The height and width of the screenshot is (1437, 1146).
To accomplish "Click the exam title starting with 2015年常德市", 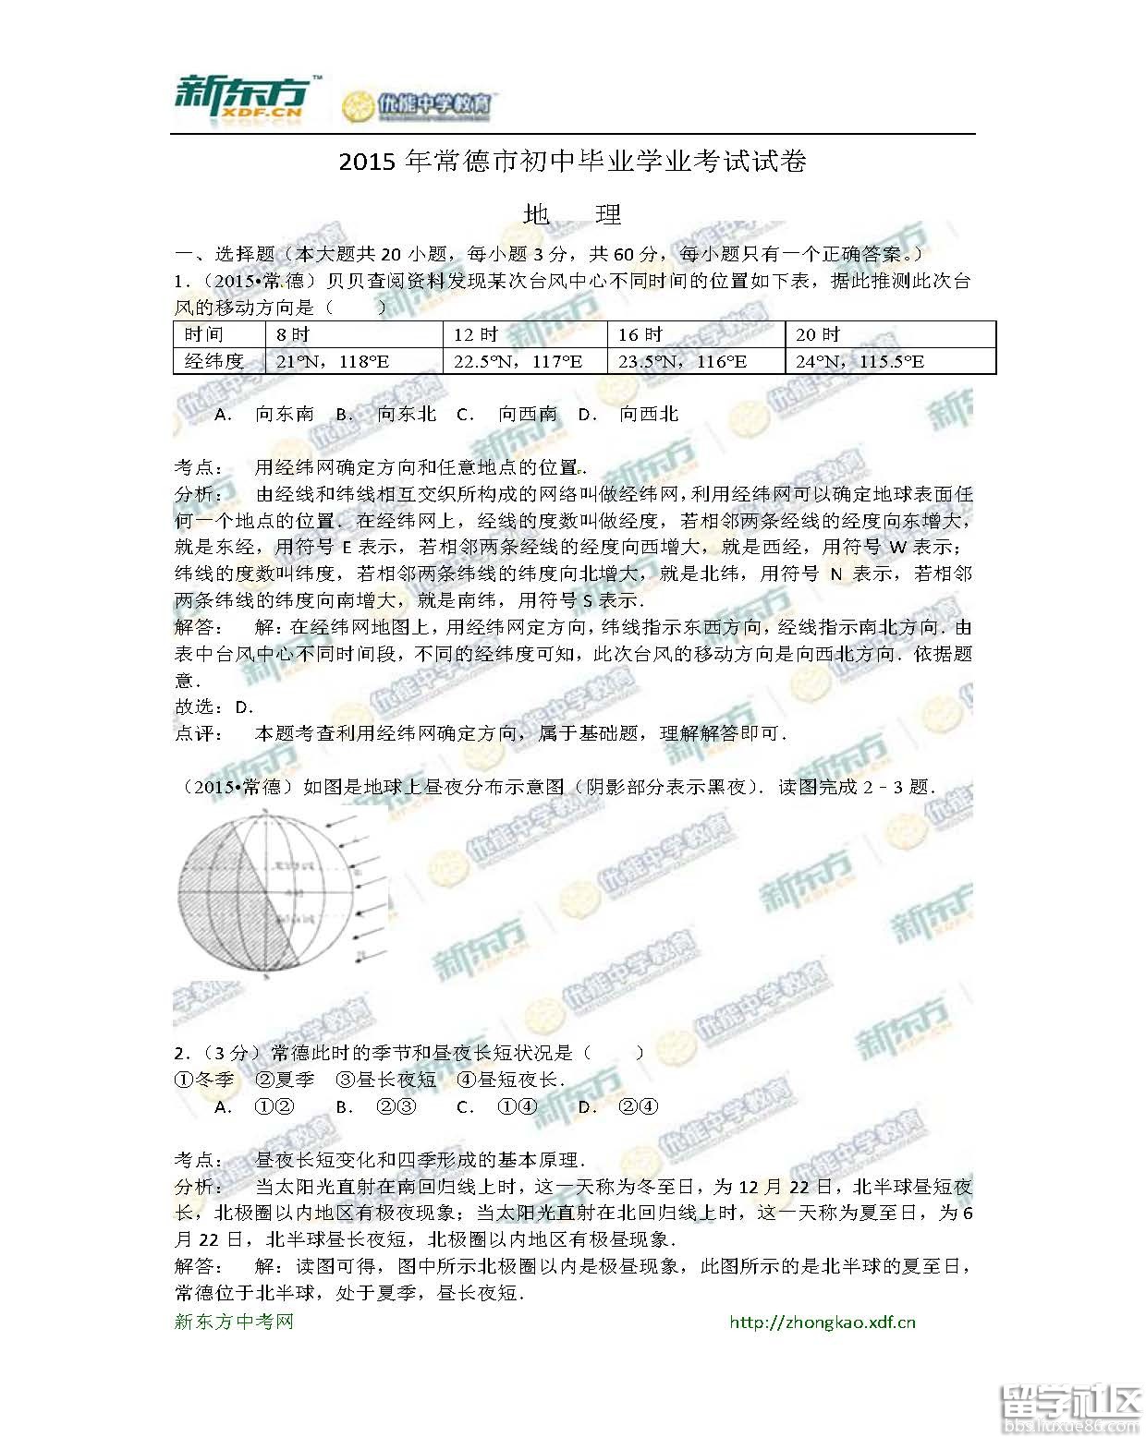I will pyautogui.click(x=573, y=162).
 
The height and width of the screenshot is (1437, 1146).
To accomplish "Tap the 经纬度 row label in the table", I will pyautogui.click(x=214, y=361).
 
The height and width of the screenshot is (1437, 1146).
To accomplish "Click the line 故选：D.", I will pyautogui.click(x=214, y=707).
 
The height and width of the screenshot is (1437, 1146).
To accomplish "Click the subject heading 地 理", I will pyautogui.click(x=572, y=215).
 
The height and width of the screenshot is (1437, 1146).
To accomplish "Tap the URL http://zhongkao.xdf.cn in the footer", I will pyautogui.click(x=822, y=1322).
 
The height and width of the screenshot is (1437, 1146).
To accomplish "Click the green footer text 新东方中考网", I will pyautogui.click(x=234, y=1322).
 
